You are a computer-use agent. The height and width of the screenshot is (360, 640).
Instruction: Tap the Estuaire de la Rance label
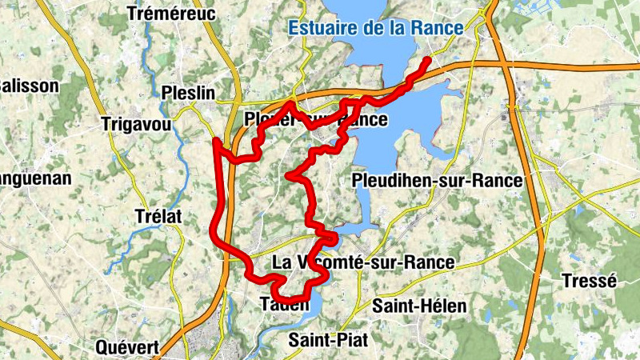pyautogui.click(x=375, y=28)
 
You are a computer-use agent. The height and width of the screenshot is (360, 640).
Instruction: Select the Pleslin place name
pyautogui.click(x=186, y=91)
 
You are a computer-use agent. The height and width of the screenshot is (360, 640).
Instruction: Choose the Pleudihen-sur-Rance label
pyautogui.click(x=437, y=181)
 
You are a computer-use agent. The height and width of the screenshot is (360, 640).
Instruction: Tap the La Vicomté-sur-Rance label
pyautogui.click(x=363, y=262)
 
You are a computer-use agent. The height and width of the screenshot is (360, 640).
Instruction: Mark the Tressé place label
pyautogui.click(x=590, y=281)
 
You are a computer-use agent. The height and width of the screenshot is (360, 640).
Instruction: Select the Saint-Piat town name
pyautogui.click(x=328, y=340)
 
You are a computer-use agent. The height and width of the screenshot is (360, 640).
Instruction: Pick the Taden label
pyautogui.click(x=284, y=305)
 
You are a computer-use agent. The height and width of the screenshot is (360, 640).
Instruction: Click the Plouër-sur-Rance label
pyautogui.click(x=316, y=120)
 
